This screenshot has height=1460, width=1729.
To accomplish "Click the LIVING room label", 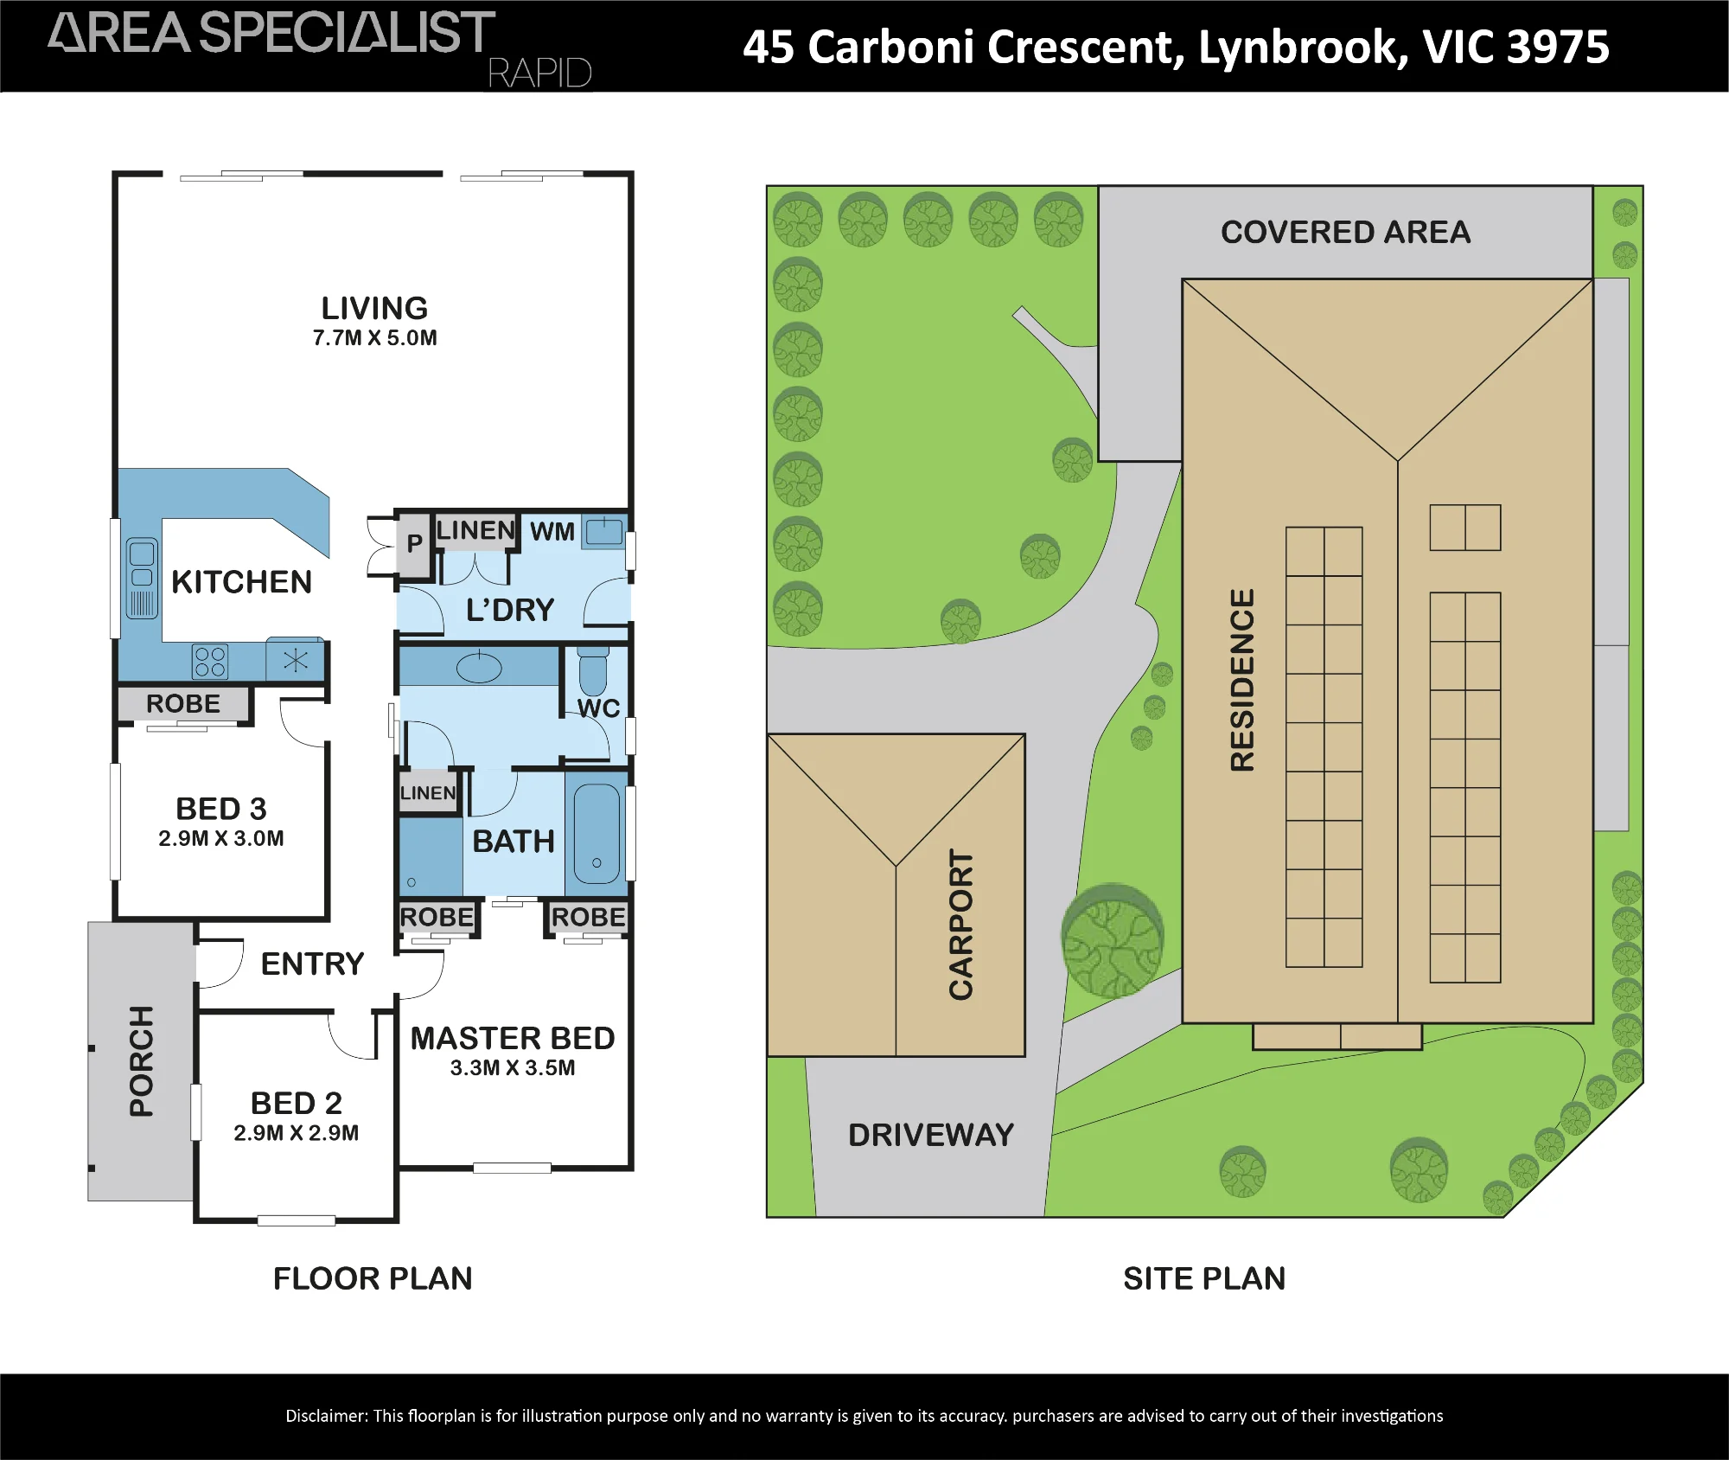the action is click(x=374, y=308).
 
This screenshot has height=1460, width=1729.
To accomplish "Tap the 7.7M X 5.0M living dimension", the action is click(x=374, y=338).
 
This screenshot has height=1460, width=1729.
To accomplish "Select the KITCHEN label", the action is click(x=241, y=582).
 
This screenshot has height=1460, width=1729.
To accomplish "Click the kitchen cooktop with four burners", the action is click(x=210, y=662).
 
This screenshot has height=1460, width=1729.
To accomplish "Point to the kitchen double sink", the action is click(x=142, y=578).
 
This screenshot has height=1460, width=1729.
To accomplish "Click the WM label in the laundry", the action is click(x=552, y=531).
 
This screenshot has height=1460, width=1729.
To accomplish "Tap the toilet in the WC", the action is click(x=593, y=669).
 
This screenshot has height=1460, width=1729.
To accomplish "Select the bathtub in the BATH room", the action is click(x=597, y=834).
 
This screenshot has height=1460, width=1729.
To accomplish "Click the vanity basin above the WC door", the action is click(x=479, y=667).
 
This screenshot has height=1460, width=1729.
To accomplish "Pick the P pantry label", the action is click(x=415, y=542).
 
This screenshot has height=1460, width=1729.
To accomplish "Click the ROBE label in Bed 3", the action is click(x=183, y=704).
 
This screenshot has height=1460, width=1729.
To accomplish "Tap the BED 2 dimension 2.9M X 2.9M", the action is click(x=296, y=1133).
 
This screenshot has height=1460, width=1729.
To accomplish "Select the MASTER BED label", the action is click(x=513, y=1038).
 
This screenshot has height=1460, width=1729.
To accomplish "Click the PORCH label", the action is click(x=141, y=1061).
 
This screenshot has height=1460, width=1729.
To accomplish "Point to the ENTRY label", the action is click(x=313, y=964).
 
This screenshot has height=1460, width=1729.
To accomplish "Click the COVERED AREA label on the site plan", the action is click(x=1345, y=232).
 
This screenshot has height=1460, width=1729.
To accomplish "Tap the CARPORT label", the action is click(x=961, y=925).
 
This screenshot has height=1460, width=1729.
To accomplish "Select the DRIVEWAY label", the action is click(x=931, y=1135).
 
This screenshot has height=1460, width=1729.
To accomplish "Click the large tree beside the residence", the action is click(x=1113, y=940).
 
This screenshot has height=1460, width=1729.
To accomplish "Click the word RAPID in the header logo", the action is click(x=539, y=74).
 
